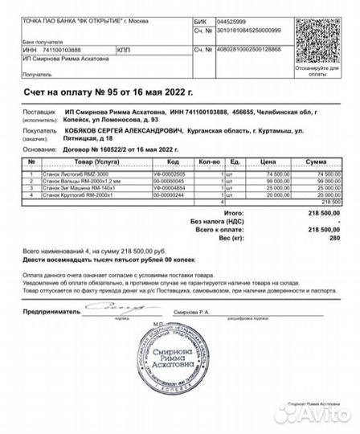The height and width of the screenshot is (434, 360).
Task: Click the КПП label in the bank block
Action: (x=123, y=50)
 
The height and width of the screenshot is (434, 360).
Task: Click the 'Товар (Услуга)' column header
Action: (x=84, y=162)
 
